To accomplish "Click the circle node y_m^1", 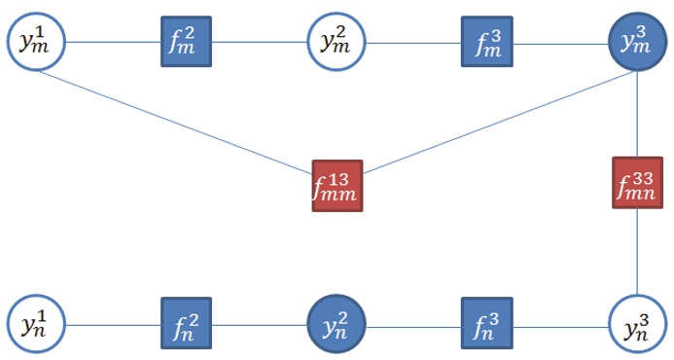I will (34, 41).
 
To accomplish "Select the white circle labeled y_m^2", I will (336, 41).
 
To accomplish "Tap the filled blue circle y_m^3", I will (636, 41).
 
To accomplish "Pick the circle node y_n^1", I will (34, 322).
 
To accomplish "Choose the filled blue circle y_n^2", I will (336, 322).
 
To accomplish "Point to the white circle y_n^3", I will (636, 322).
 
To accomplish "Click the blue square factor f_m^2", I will (185, 42).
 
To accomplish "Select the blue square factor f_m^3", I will (485, 42).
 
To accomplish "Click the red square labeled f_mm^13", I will (337, 185).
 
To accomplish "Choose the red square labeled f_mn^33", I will (637, 182).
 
